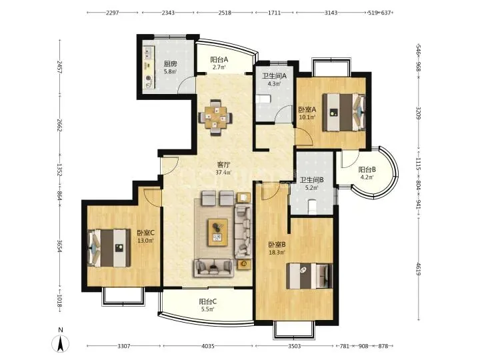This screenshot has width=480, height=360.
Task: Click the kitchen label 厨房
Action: pos(170,64)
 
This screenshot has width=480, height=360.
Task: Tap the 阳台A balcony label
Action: pos(219,60)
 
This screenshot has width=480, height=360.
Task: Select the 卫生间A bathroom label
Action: pos(274,76)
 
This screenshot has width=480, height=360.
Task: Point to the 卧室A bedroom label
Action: pos(307,109)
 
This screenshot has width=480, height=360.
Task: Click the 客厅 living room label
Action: pos(223,165)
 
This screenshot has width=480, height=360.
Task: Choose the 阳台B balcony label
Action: pos(367,169)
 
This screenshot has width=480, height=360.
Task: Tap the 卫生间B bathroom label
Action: pos(311,180)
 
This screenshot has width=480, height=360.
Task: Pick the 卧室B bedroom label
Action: pos(277,245)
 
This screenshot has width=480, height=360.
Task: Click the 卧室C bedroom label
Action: pos(146,233)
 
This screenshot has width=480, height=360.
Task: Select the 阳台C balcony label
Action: pos(208,301)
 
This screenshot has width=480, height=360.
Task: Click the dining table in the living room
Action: pos(215,117)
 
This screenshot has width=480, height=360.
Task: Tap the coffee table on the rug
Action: pos(217,233)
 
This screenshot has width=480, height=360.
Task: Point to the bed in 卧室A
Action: pos(344,112)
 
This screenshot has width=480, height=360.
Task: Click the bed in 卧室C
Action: pos(109,248)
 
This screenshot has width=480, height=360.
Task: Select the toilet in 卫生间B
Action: pos(312,206)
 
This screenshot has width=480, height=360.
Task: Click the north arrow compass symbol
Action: pos(61,341)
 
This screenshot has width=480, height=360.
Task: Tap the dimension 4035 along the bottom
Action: pos(208,346)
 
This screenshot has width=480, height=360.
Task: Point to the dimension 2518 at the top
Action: pos(225,13)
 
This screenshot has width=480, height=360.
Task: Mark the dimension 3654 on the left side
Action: pos(60,246)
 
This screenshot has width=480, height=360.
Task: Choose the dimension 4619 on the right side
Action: pos(418,268)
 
